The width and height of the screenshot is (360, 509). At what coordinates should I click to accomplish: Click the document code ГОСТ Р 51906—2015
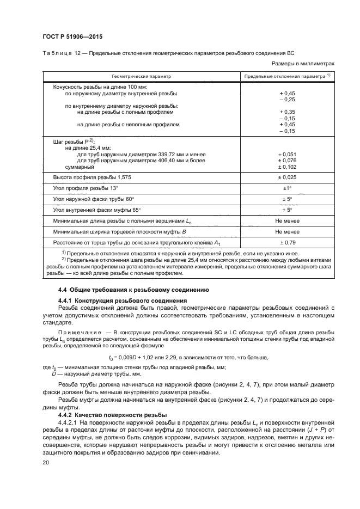click(72, 36)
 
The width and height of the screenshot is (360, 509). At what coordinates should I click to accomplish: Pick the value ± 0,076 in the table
click(286, 161)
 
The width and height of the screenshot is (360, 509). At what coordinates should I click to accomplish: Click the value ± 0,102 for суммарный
click(286, 167)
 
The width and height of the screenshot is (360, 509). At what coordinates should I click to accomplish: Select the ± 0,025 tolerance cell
click(286, 178)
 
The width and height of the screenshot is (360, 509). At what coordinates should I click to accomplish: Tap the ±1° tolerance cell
click(286, 189)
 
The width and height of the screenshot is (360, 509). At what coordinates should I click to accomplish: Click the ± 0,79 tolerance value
click(286, 242)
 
